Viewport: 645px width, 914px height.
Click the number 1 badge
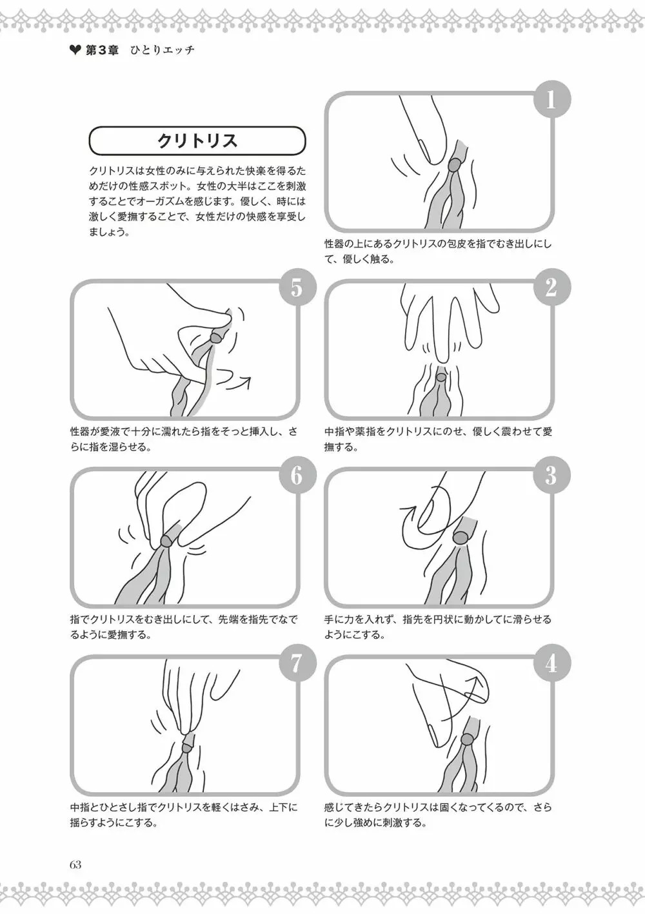552,99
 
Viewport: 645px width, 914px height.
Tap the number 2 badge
552,287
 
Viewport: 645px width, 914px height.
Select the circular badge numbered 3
552,475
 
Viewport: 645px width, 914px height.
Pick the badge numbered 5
297,287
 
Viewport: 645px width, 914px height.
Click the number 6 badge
297,475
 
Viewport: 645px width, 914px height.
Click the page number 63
75,864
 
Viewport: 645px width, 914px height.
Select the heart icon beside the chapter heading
75,50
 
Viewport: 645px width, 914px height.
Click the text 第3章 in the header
102,50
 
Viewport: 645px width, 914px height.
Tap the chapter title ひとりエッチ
162,50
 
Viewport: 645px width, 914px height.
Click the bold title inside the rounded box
197,141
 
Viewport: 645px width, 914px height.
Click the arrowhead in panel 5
246,381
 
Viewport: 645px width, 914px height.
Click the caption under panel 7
184,815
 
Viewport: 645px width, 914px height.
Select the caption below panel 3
437,627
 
